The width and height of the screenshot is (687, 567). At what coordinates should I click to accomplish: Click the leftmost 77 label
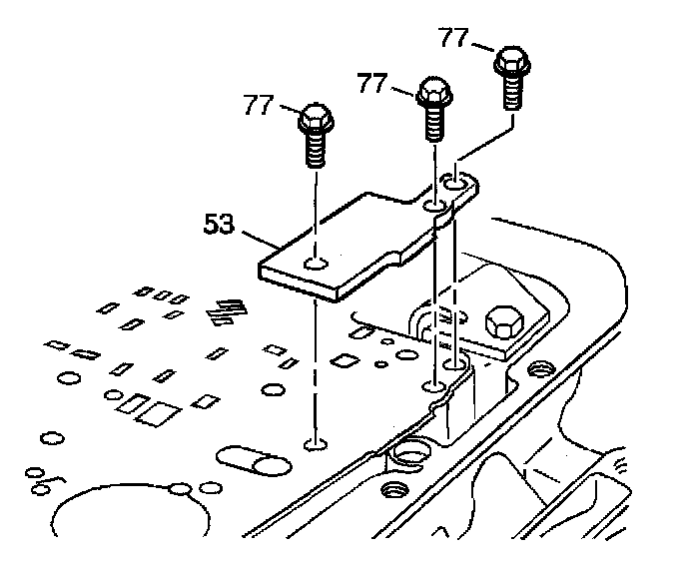[x=258, y=104]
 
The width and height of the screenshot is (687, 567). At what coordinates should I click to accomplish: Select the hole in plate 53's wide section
[x=316, y=263]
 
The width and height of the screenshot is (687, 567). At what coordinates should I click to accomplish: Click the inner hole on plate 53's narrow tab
[x=435, y=206]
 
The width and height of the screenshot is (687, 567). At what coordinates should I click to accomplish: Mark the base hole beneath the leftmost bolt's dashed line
[x=315, y=441]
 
